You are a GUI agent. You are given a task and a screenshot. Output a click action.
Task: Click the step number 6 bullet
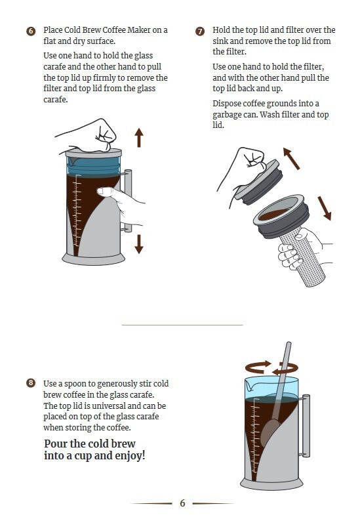click(x=31, y=31)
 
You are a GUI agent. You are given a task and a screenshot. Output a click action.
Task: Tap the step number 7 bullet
click(x=200, y=31)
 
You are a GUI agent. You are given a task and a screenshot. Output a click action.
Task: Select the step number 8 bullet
click(x=31, y=383)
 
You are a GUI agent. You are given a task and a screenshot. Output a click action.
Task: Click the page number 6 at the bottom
click(x=182, y=503)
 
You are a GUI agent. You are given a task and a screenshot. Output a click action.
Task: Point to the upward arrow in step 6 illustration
click(x=139, y=138)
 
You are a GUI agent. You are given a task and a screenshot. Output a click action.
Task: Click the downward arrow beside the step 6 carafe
click(x=139, y=244)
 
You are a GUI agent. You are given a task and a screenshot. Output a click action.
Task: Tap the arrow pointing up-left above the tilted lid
click(x=291, y=159)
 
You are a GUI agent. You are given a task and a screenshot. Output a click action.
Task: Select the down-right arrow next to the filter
click(x=325, y=208)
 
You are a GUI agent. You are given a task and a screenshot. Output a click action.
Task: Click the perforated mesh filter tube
click(x=303, y=258)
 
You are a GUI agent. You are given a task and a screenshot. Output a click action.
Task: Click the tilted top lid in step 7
click(x=258, y=182)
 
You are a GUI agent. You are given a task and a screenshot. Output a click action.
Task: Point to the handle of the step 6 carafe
click(x=128, y=200)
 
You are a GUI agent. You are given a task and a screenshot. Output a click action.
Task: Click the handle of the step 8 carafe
click(x=306, y=426)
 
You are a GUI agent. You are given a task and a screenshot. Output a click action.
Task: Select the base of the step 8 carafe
click(x=271, y=484)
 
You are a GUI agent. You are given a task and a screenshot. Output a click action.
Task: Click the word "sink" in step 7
click(x=220, y=41)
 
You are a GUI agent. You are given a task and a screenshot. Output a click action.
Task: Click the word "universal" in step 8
click(x=108, y=406)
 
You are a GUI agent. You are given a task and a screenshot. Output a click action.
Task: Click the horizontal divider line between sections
click(x=182, y=325)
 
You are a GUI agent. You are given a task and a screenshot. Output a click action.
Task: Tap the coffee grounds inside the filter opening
click(x=274, y=215)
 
